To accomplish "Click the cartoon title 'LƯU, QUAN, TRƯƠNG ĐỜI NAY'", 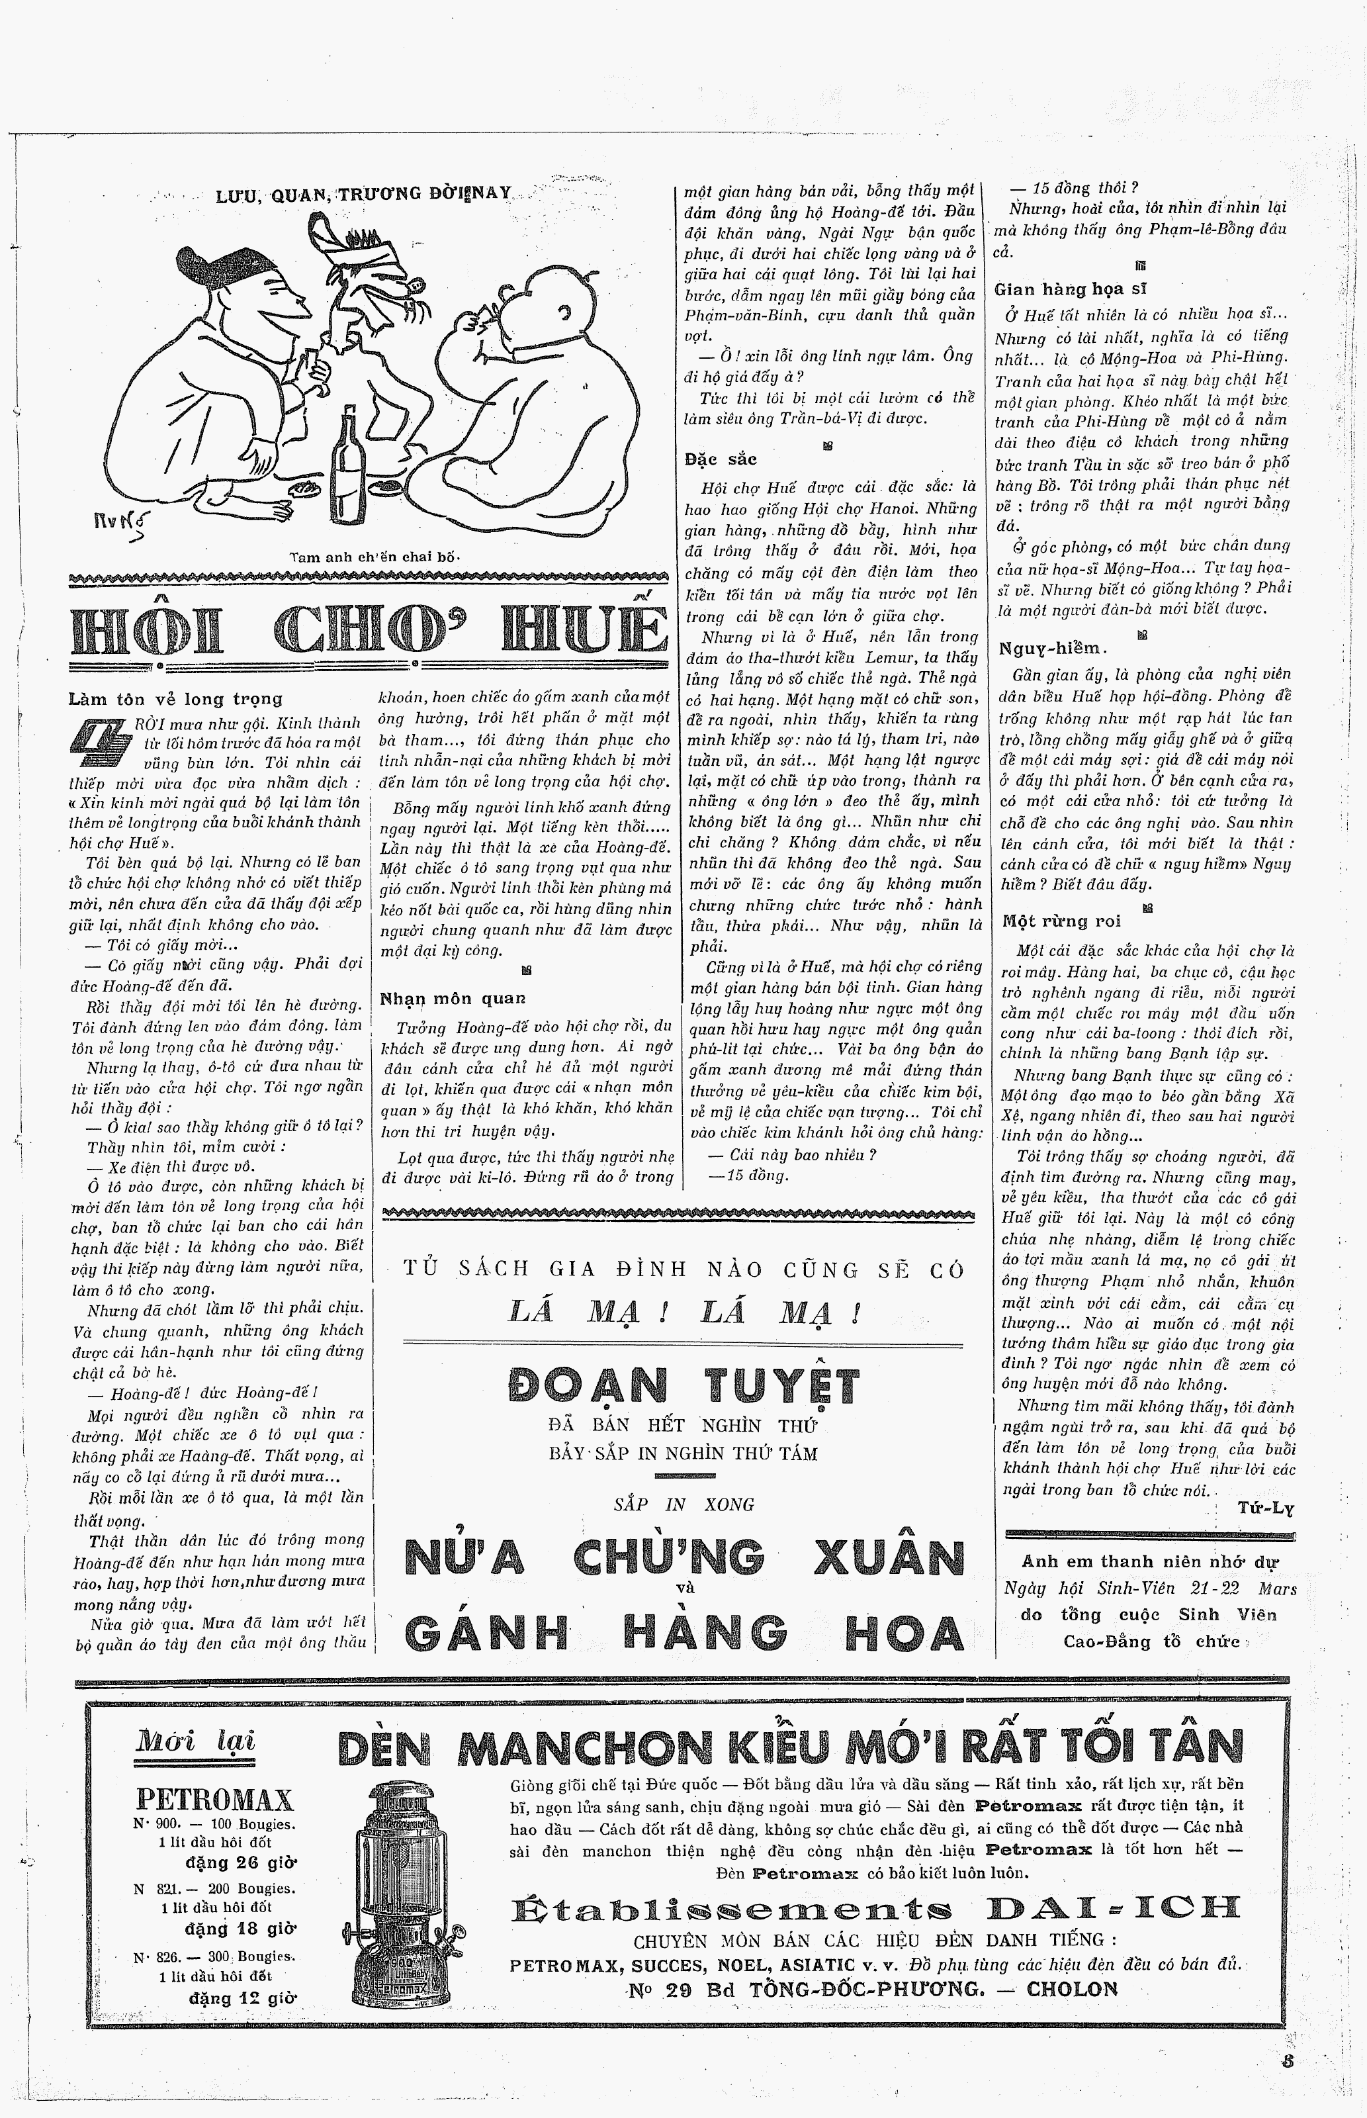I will pos(364,195).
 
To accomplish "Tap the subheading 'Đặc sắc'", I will pos(721,459).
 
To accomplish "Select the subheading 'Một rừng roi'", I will pos(1062,921).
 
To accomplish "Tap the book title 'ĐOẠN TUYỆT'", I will pos(683,1386).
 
